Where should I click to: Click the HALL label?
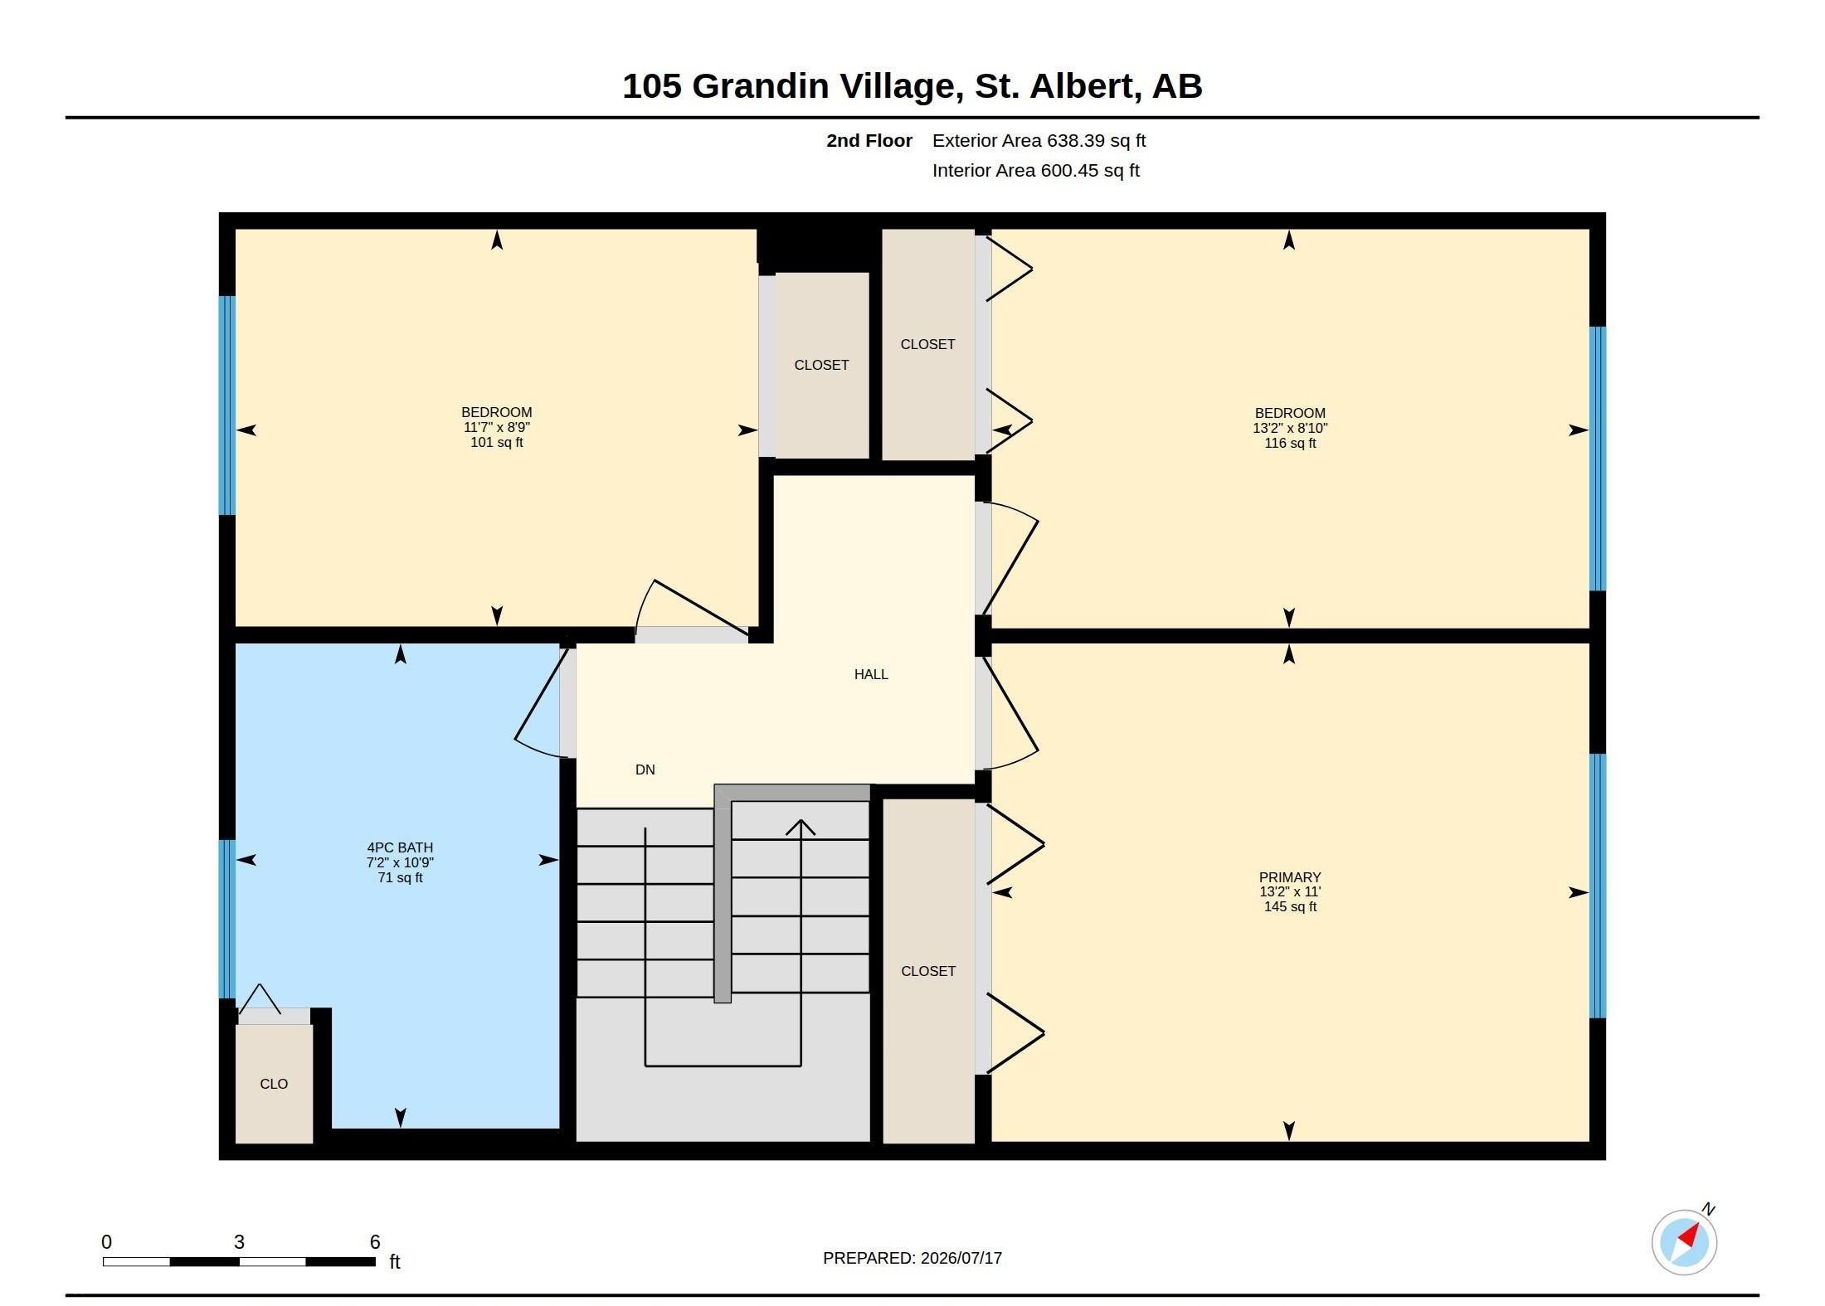pos(871,674)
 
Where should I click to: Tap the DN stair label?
pos(645,770)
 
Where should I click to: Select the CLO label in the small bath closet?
pos(274,1084)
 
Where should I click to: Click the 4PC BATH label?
pos(400,847)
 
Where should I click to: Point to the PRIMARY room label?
pos(1290,877)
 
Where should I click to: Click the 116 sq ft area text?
pos(1290,444)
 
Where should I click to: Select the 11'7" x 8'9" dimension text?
pos(497,427)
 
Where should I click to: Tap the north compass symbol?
pos(1685,1241)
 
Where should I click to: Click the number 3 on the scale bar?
pos(239,1242)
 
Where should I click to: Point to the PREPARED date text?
pos(912,1258)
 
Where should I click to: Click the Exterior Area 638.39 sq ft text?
pos(1039,141)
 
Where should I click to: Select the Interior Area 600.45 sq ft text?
pos(1035,171)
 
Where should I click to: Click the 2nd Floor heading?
pos(869,141)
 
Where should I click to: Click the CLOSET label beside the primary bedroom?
pos(928,971)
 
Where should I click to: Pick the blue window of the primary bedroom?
pos(1598,886)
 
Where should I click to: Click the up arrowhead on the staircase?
pos(801,827)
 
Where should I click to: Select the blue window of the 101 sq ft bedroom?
pos(226,405)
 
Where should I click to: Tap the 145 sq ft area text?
pos(1290,907)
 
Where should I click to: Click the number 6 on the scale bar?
pos(375,1242)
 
